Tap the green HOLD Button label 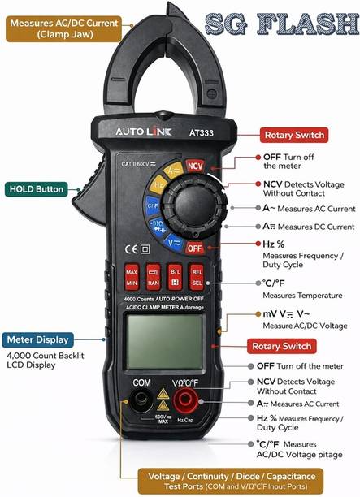(x=37, y=189)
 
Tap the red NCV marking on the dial (x=195, y=166)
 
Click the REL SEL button (x=196, y=278)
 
